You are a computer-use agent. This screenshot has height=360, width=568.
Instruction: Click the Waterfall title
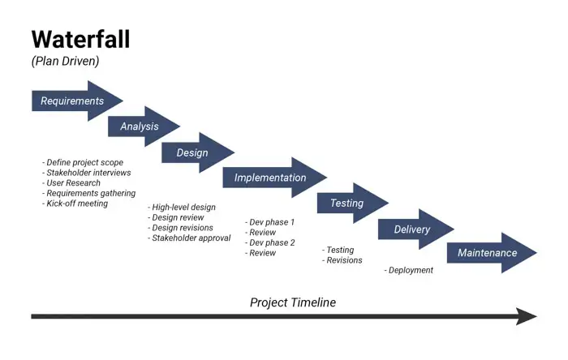click(x=80, y=39)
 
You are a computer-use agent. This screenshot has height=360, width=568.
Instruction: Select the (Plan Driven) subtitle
click(x=65, y=62)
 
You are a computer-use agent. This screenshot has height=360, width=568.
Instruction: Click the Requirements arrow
click(x=73, y=101)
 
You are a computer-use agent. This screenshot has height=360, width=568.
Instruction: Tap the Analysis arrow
click(x=140, y=126)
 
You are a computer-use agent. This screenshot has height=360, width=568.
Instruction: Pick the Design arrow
click(x=193, y=152)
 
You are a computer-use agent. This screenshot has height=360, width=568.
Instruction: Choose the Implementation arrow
click(x=271, y=178)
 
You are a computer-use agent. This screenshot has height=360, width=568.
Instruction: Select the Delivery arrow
click(x=412, y=229)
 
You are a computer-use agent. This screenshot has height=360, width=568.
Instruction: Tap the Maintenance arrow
click(x=488, y=253)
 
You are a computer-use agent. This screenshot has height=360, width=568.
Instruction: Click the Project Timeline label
click(x=292, y=302)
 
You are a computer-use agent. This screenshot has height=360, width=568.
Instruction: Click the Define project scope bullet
click(x=83, y=162)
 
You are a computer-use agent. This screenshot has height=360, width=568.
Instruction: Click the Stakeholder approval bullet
click(x=189, y=238)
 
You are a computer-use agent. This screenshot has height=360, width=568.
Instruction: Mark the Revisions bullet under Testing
click(x=342, y=260)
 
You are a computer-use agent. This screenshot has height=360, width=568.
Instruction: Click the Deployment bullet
click(x=409, y=270)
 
